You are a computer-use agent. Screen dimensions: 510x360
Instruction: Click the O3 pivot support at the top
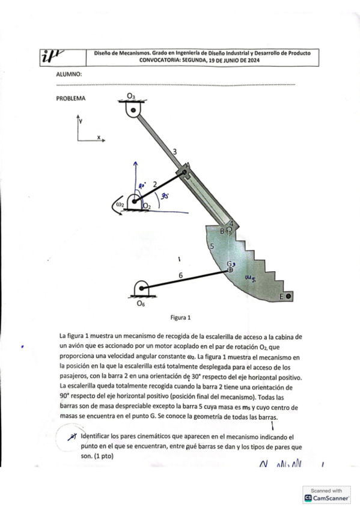click(x=133, y=109)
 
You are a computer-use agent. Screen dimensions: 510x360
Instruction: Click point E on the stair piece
click(x=288, y=296)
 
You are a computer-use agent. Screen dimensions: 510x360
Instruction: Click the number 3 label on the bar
click(x=174, y=151)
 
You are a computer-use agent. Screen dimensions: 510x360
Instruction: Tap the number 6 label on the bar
click(x=180, y=275)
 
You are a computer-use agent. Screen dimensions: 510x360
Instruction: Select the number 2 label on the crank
click(x=154, y=184)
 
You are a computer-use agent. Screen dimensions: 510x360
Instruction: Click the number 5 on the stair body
click(x=211, y=246)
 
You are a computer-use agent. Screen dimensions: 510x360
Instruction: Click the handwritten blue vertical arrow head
click(x=136, y=164)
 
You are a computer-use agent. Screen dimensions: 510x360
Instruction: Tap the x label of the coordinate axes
click(x=99, y=137)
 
